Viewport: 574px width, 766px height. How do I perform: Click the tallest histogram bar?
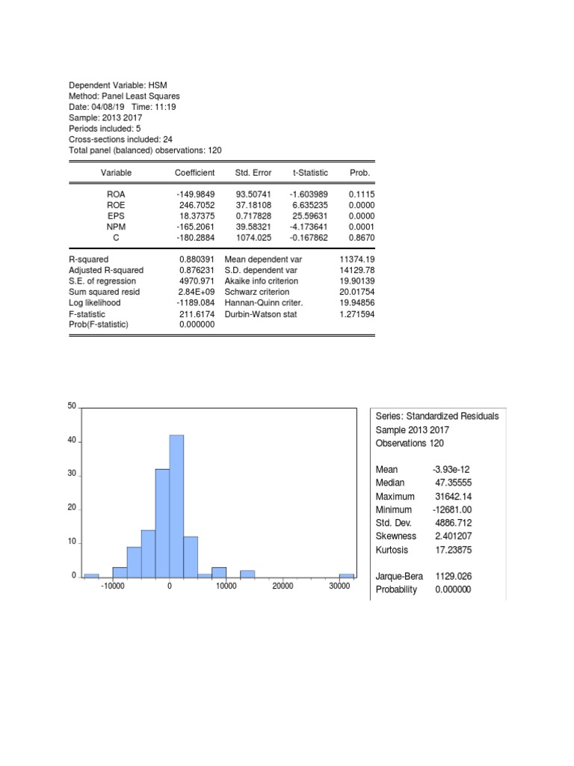[x=176, y=506]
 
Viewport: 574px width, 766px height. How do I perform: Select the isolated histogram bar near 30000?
[x=347, y=575]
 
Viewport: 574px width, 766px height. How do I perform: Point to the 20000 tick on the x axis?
[x=283, y=587]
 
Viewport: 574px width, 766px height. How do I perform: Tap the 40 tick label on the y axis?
[x=72, y=441]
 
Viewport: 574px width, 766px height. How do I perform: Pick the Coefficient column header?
[x=194, y=173]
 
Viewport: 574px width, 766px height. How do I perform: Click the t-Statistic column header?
[x=310, y=173]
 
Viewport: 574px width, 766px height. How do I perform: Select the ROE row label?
[x=116, y=204]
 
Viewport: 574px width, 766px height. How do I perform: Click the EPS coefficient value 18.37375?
[x=197, y=215]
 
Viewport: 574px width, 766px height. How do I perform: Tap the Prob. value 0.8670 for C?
[x=362, y=237]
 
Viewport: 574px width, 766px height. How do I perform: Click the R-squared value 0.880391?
[x=197, y=259]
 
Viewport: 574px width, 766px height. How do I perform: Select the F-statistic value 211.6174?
[x=197, y=314]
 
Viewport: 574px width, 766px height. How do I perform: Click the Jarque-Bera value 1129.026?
[x=454, y=577]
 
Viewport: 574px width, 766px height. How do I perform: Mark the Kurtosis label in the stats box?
[x=393, y=550]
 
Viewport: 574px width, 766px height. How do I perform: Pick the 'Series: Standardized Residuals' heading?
[x=436, y=417]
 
